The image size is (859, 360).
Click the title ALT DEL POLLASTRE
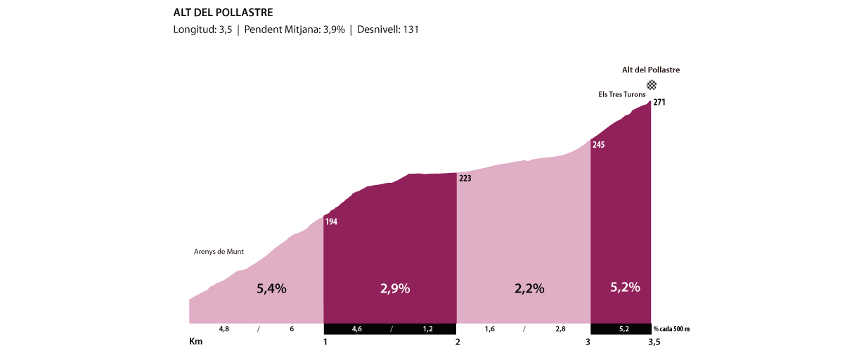[x=223, y=13]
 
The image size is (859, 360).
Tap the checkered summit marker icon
[x=652, y=85]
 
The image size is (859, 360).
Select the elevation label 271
[x=659, y=103]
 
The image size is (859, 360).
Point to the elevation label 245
[x=599, y=146]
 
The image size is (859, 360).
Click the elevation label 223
[x=465, y=179]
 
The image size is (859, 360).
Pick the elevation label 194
[x=332, y=222]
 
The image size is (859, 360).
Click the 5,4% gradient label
[x=271, y=288]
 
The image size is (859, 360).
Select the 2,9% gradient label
[x=395, y=288]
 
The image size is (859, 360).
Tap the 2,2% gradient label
[x=529, y=288]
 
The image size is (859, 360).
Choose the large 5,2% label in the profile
[x=624, y=287]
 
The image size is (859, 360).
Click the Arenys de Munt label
[x=219, y=252]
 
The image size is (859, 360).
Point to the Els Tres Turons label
[x=617, y=94]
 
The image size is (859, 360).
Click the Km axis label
[x=196, y=342]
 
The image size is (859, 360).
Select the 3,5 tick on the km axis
[x=654, y=342]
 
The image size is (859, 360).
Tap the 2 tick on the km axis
[x=458, y=342]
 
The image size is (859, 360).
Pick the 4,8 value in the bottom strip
[x=224, y=328]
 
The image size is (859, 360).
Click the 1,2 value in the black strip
[x=427, y=328]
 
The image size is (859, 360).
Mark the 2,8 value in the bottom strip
[x=560, y=328]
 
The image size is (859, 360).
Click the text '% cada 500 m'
[x=671, y=328]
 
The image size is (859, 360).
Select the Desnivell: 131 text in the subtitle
[x=388, y=30]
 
